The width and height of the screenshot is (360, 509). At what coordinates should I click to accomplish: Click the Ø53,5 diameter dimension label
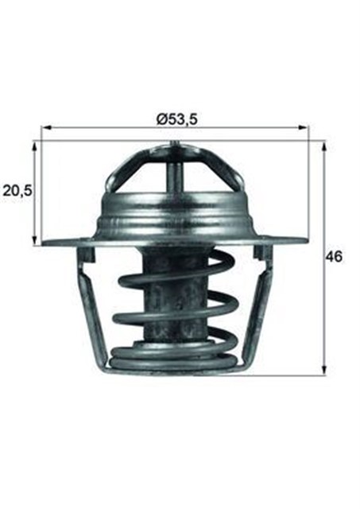[176, 119]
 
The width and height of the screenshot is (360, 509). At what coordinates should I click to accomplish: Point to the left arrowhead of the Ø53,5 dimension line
[45, 127]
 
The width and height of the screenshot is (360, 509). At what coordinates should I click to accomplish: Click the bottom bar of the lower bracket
[175, 371]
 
